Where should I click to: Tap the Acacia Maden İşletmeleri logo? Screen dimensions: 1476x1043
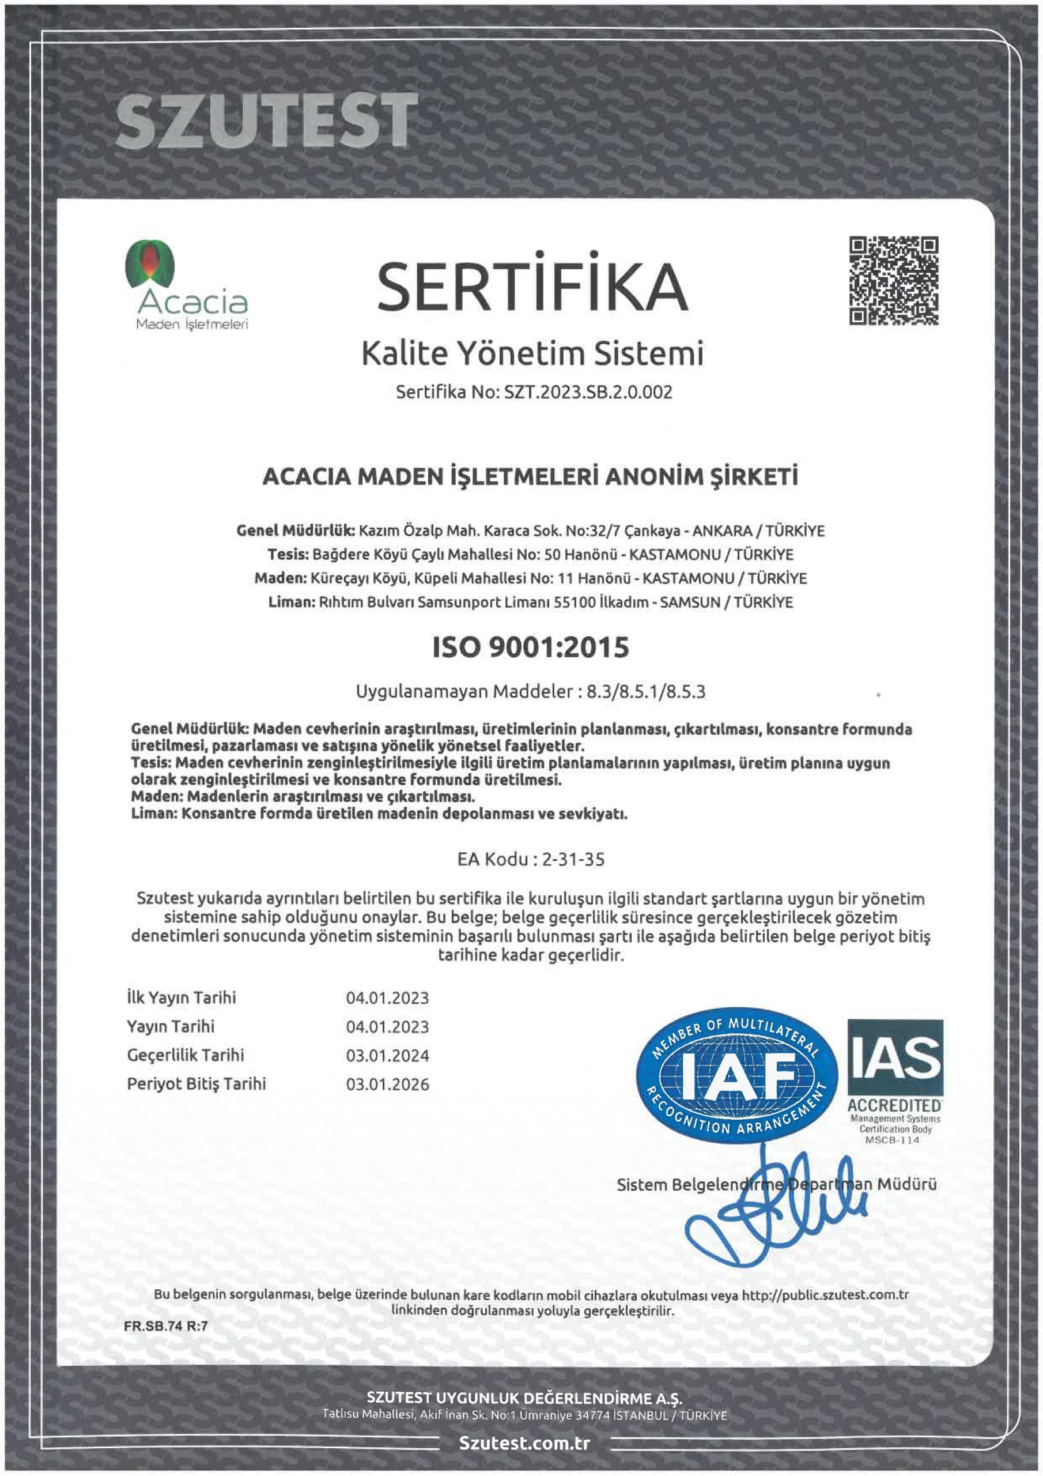[x=186, y=285]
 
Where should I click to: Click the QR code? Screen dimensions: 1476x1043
[x=894, y=280]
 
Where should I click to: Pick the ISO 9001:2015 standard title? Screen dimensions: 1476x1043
[x=530, y=647]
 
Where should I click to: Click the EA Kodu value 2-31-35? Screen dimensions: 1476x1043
[x=573, y=860]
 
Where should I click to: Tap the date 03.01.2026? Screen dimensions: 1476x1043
[x=387, y=1085]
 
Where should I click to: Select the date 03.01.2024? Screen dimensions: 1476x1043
[x=387, y=1056]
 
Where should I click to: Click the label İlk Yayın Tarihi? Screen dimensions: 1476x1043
[x=181, y=997]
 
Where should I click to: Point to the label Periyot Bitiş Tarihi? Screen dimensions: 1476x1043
[x=196, y=1084]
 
